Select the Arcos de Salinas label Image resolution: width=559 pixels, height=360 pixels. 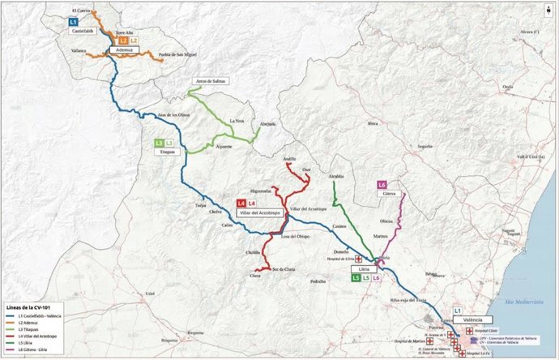click(208, 82)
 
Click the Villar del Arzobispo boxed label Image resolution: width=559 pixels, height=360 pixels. click(257, 212)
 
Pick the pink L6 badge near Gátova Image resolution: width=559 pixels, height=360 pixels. click(382, 185)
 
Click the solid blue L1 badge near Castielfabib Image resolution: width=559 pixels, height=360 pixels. click(74, 20)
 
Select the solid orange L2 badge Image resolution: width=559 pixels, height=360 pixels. click(123, 40)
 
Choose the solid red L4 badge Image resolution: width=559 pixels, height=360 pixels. click(241, 203)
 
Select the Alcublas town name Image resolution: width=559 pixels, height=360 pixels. click(336, 176)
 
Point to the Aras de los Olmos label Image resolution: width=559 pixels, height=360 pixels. click(173, 114)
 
